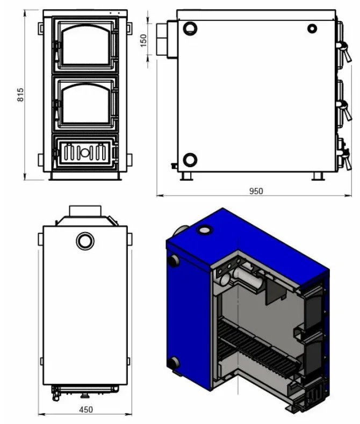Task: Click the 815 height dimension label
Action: (20, 95)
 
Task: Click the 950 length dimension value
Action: (256, 191)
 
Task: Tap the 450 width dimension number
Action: (86, 409)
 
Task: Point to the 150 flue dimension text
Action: (143, 40)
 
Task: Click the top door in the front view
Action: (85, 45)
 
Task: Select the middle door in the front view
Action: (85, 103)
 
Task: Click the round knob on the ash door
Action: (85, 153)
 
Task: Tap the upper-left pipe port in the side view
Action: (190, 28)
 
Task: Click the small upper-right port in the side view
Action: (312, 28)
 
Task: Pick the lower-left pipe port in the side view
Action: (190, 160)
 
